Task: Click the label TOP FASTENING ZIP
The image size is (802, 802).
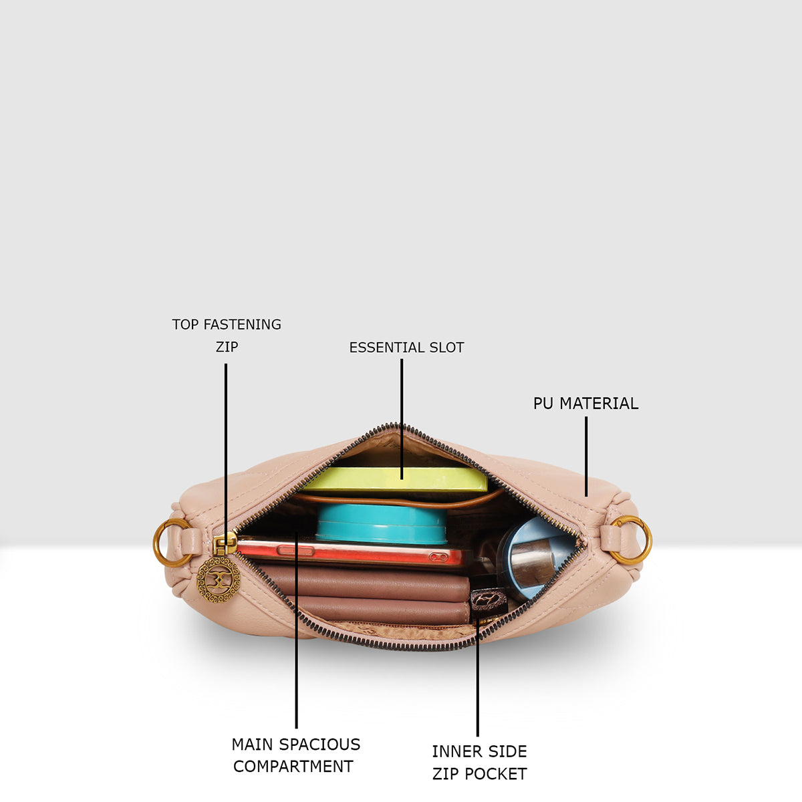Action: [x=227, y=336]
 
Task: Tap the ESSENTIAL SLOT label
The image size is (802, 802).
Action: [x=406, y=348]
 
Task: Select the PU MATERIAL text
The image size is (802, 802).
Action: [x=585, y=403]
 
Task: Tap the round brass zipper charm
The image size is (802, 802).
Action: [x=219, y=579]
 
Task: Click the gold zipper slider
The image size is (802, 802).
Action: [x=225, y=543]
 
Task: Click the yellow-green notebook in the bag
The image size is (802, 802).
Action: [x=396, y=479]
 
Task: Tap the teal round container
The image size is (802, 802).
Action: [x=381, y=524]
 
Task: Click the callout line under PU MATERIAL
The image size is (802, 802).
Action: [x=586, y=456]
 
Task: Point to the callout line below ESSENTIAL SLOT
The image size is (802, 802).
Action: [x=402, y=419]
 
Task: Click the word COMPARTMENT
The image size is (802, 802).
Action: [x=293, y=767]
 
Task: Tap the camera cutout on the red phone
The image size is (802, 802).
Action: [x=438, y=557]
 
